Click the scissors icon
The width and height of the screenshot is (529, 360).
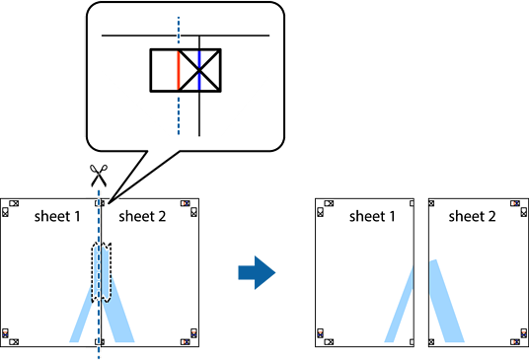tap(99, 176)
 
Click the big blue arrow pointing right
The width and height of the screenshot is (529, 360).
tap(257, 272)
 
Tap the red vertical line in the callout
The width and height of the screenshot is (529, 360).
tap(179, 70)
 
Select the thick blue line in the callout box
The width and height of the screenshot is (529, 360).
tap(199, 70)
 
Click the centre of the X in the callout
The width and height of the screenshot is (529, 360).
tap(199, 70)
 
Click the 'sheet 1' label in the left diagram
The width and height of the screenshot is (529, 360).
tap(57, 216)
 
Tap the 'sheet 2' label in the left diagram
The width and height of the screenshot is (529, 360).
tap(142, 216)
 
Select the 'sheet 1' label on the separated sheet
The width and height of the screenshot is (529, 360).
tap(372, 216)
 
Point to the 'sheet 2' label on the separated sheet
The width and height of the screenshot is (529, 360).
tap(473, 216)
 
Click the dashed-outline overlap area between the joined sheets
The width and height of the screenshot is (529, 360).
tap(102, 271)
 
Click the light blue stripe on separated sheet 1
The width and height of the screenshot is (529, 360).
tap(400, 304)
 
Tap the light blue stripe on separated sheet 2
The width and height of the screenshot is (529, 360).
tap(447, 301)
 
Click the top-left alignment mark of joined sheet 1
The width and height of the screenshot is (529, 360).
tap(10, 208)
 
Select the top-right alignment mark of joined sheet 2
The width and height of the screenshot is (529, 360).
tap(189, 208)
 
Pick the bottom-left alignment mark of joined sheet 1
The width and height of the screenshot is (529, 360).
tap(10, 337)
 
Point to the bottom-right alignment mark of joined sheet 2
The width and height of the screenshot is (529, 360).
tap(189, 337)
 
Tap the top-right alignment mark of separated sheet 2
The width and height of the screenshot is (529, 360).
tap(519, 208)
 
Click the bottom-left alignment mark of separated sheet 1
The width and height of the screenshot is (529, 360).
tap(325, 337)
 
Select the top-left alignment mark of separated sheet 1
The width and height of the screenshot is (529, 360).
tap(325, 208)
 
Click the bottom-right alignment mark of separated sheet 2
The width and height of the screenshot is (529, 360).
tap(519, 337)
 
